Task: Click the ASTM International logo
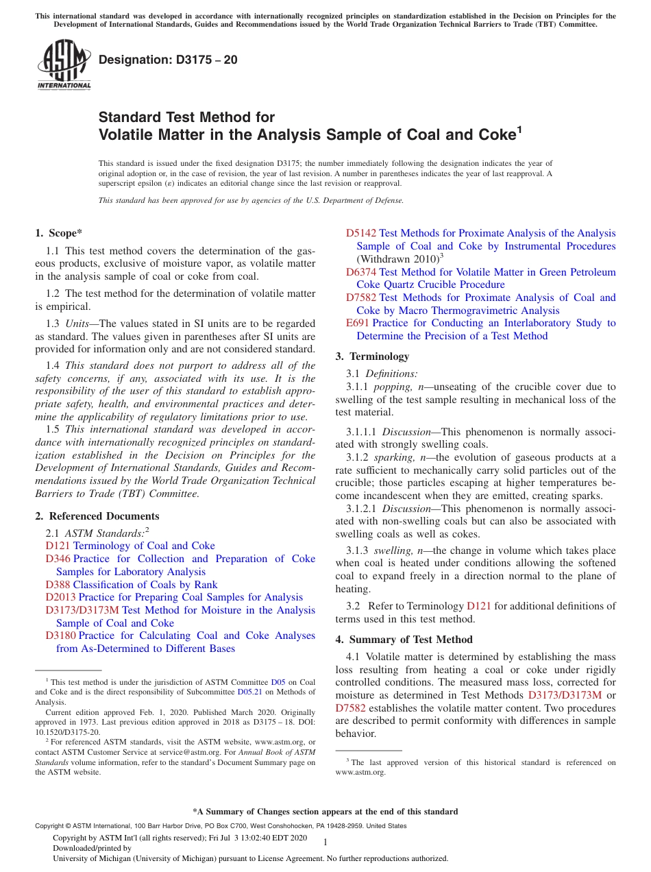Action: point(64,64)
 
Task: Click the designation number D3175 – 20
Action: point(168,60)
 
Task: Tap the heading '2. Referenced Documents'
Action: point(97,516)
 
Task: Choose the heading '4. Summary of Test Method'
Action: point(404,640)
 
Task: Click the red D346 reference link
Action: point(58,559)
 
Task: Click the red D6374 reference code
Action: point(360,272)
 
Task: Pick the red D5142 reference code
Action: point(360,234)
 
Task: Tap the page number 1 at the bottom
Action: point(325,843)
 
